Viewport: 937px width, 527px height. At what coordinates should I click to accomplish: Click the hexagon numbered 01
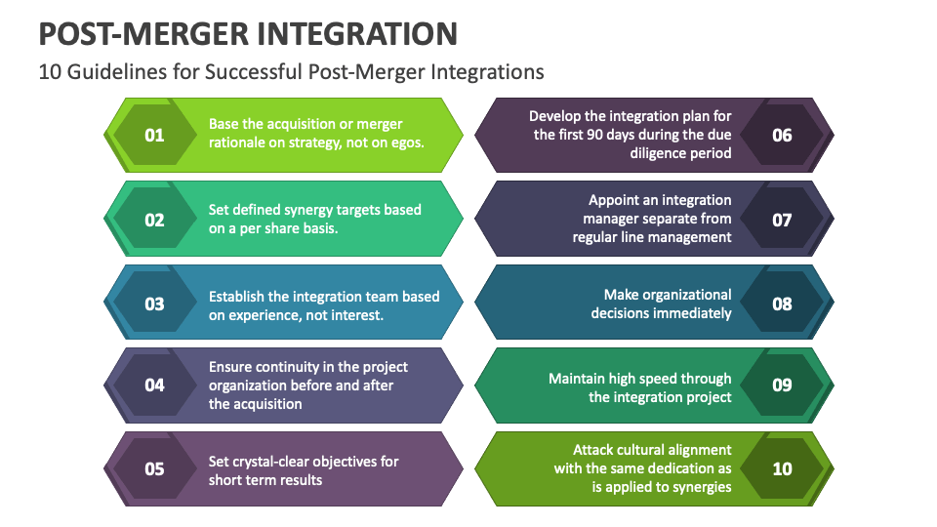(154, 135)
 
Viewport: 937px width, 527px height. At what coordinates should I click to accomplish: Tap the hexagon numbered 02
(154, 220)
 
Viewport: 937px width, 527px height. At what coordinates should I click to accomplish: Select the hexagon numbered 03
(154, 304)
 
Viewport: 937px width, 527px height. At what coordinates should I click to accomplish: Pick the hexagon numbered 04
(154, 385)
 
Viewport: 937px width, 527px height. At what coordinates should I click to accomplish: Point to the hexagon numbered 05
(154, 469)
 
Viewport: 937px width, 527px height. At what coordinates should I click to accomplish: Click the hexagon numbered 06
(782, 135)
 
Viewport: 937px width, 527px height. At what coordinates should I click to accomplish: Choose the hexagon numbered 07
(782, 220)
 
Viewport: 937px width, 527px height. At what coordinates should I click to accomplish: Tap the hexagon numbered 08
(782, 304)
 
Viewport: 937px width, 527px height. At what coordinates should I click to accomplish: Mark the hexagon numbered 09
(782, 385)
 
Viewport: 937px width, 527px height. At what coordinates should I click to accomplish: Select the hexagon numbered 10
(782, 469)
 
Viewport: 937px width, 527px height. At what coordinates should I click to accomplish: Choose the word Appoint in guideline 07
(614, 200)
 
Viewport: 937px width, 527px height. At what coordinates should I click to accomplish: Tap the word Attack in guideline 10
(595, 450)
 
